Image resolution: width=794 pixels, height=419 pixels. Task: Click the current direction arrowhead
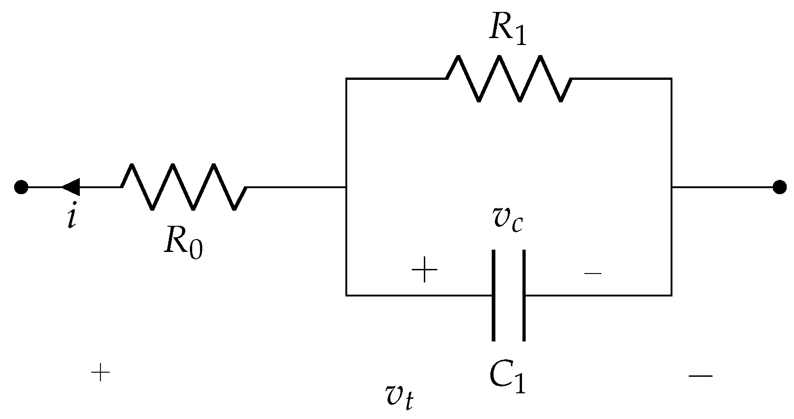(x=71, y=187)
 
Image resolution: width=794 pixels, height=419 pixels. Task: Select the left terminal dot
(x=21, y=187)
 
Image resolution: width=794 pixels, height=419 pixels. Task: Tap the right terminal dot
(x=779, y=187)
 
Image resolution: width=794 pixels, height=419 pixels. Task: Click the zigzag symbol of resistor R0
(x=183, y=187)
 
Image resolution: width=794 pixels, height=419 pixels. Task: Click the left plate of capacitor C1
(x=494, y=295)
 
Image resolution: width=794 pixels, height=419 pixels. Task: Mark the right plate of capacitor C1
(x=523, y=295)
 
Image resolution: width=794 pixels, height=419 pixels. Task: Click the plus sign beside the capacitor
(x=425, y=270)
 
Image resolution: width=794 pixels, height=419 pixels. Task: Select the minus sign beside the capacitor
(x=593, y=273)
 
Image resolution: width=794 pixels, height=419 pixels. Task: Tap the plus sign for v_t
(x=100, y=373)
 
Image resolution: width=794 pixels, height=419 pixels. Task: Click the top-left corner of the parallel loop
(x=347, y=79)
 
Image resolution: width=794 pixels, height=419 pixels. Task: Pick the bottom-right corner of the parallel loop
(x=672, y=295)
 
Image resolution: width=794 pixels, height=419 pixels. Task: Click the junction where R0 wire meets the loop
(x=347, y=187)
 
